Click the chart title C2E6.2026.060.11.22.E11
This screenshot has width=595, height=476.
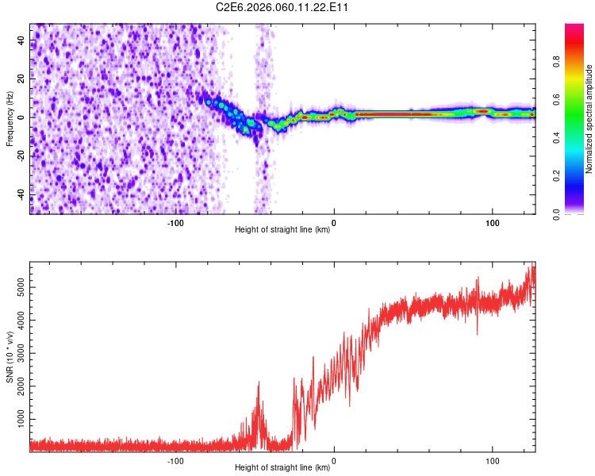[282, 7]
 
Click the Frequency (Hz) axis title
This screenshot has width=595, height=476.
[10, 118]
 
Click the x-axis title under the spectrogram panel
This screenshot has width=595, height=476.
[282, 230]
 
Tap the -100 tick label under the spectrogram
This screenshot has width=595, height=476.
[175, 222]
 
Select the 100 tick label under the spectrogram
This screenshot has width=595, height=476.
[492, 222]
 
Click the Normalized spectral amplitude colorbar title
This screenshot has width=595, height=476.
[589, 119]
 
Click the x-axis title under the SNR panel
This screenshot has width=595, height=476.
[282, 468]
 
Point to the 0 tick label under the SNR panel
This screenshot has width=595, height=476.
[334, 460]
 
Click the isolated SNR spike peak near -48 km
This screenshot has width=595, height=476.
[259, 383]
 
